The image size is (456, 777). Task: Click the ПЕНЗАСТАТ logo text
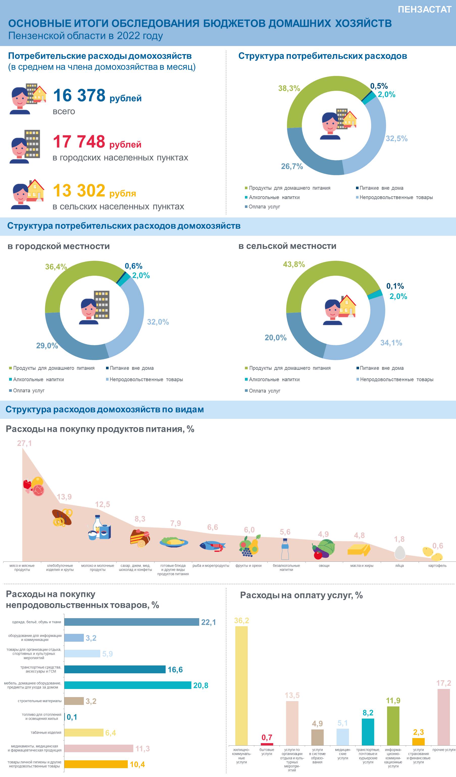424,10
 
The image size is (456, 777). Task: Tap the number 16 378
79,95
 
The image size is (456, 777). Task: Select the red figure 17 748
79,142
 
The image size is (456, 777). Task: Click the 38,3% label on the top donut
289,88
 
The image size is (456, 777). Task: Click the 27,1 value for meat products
24,443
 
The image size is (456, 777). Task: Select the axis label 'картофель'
437,566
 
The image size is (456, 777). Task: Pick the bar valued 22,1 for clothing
132,622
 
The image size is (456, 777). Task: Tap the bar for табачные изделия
84,732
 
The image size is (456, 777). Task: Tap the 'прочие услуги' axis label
444,750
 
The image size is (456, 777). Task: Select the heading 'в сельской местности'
287,246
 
